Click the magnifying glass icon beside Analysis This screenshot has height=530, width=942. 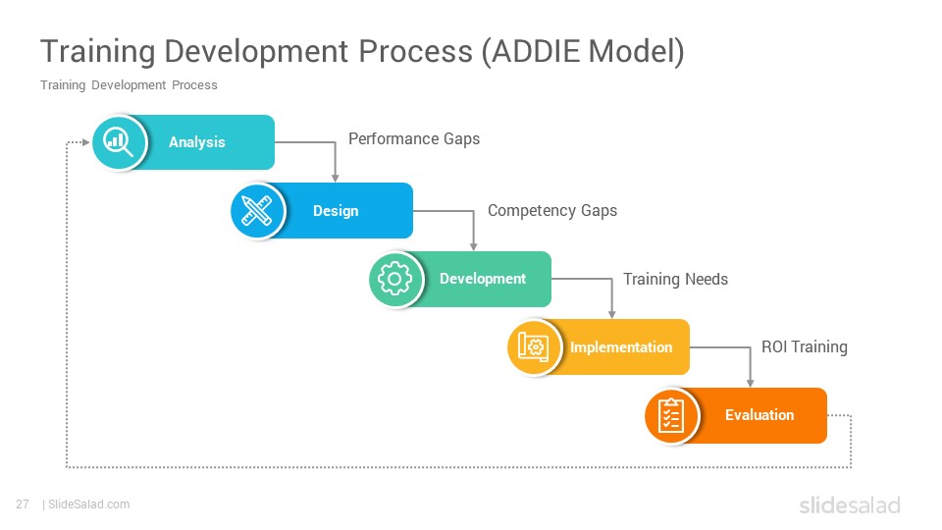coord(118,142)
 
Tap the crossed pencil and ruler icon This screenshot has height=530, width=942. coord(256,210)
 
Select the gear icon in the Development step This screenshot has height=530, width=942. coord(394,279)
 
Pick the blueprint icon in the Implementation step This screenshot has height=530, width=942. coord(534,346)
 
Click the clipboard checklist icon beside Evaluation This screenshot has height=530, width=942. coord(671,415)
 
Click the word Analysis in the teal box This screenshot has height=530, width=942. coord(197,142)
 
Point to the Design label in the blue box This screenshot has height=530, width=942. coord(336,211)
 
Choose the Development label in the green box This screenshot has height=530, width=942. coord(483,279)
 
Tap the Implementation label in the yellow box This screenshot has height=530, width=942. coord(621,347)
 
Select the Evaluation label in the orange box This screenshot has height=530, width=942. coord(759,415)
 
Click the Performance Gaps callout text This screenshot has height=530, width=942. coord(414,138)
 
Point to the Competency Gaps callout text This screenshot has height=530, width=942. coord(552,211)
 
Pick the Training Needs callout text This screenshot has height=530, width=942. coord(675,279)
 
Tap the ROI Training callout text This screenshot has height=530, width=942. coord(805,346)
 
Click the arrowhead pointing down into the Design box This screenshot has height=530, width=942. coord(336,178)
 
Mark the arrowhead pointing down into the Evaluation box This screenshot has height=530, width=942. coord(750,384)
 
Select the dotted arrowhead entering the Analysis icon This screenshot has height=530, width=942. coord(86,142)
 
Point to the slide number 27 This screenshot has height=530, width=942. coord(23,504)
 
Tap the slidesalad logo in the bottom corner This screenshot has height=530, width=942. coord(850,505)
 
